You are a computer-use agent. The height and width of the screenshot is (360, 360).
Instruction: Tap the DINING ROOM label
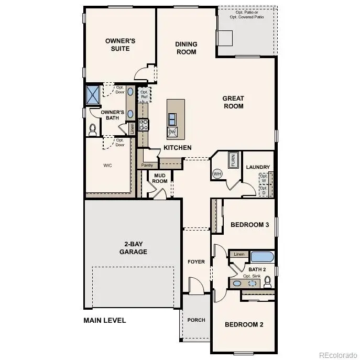click(x=186, y=48)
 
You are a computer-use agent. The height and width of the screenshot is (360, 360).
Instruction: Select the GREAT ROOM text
click(x=233, y=102)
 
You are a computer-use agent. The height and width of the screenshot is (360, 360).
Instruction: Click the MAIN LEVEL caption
click(x=105, y=320)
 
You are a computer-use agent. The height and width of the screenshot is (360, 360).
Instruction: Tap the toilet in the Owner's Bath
click(x=93, y=128)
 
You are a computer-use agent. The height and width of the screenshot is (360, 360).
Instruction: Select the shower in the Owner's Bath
click(x=93, y=95)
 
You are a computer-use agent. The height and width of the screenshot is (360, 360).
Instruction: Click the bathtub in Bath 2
click(x=263, y=257)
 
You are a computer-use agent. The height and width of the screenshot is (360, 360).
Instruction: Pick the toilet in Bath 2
click(x=268, y=282)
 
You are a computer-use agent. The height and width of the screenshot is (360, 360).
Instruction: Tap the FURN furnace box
click(x=233, y=159)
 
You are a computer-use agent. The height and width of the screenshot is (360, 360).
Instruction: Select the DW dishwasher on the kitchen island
click(x=172, y=132)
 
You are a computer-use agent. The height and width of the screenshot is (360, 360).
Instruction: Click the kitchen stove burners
click(x=143, y=125)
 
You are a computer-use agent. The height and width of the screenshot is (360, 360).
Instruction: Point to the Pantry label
click(x=147, y=166)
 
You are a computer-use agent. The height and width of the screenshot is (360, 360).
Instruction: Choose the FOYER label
click(x=197, y=261)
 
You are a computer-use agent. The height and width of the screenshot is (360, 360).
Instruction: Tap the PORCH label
click(x=197, y=320)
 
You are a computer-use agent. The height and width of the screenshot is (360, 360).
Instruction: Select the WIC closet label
click(x=107, y=165)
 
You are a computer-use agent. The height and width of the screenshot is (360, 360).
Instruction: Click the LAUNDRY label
click(x=258, y=167)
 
